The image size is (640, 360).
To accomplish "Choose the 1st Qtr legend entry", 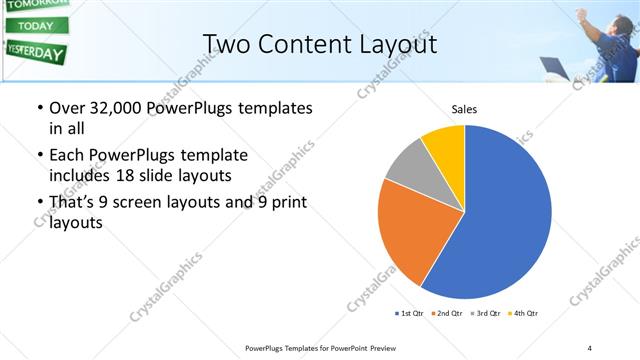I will [x=409, y=314].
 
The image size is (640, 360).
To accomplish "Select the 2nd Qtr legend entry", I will [x=447, y=314].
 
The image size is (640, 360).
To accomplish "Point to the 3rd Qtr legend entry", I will [x=485, y=314].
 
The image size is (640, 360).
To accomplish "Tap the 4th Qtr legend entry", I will [x=523, y=314].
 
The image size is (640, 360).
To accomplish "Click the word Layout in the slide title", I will [x=398, y=43].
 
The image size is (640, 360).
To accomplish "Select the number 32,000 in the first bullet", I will [x=115, y=108].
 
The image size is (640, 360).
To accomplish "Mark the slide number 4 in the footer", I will [x=590, y=347].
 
